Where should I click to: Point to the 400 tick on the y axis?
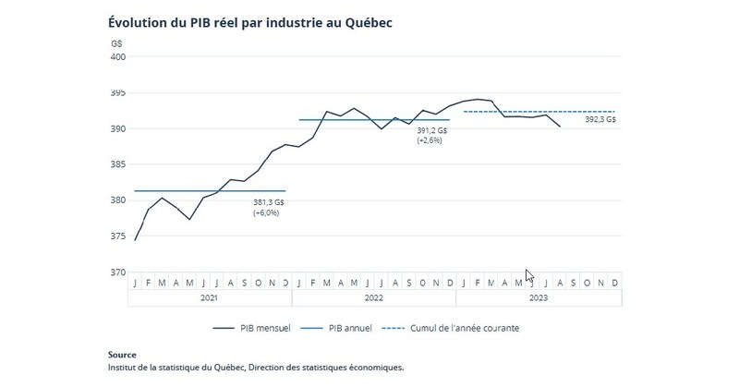click(x=119, y=57)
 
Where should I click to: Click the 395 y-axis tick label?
click(x=119, y=93)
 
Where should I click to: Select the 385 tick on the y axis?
click(x=119, y=164)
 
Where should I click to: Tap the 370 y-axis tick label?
click(x=119, y=272)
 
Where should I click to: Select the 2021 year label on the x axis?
click(x=210, y=298)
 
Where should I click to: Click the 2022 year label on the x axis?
click(x=373, y=298)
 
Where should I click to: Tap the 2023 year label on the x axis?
click(x=539, y=298)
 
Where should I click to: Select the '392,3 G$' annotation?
click(x=600, y=120)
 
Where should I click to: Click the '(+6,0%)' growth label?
click(x=266, y=212)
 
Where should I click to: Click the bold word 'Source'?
click(x=122, y=355)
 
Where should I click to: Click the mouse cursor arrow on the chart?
click(x=528, y=275)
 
